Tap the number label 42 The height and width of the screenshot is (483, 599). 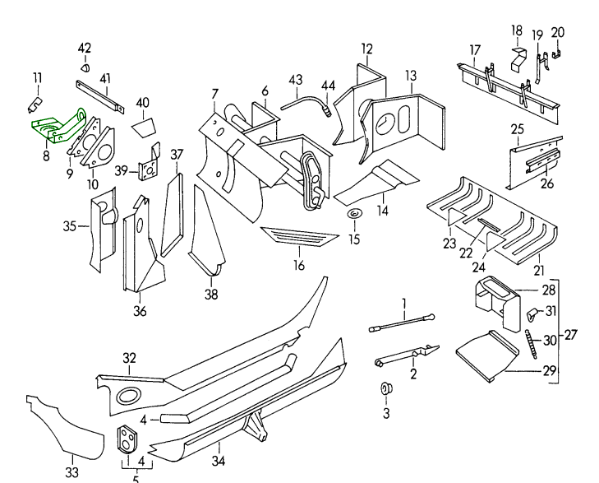pos(85,48)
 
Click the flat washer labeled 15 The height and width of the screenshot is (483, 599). pos(353,216)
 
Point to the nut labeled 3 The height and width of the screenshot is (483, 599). pos(385,388)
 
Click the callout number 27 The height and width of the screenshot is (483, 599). pos(571,334)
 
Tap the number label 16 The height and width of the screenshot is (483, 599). pos(299,265)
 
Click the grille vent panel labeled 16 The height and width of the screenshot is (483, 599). pos(299,237)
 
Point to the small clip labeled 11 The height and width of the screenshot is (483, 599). pos(35,104)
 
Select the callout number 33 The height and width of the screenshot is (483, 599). pos(72,472)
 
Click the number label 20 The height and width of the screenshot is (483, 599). pos(558,33)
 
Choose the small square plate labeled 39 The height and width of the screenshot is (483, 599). pos(150,167)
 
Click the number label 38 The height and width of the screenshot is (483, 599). pos(211,295)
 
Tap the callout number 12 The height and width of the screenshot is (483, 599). pos(366,48)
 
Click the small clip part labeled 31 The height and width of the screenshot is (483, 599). pos(532,313)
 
